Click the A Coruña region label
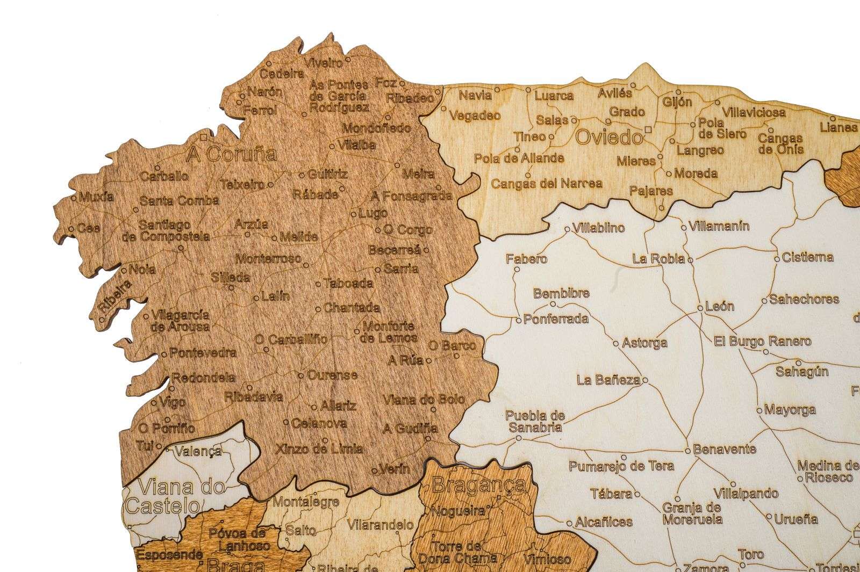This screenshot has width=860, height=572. (x=231, y=155)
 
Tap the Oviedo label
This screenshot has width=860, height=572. (x=608, y=138)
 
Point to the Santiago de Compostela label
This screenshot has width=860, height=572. (x=173, y=230)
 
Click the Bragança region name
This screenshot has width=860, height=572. (x=478, y=485)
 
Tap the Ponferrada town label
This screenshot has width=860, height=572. (x=556, y=318)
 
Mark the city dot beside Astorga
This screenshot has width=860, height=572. (x=616, y=342)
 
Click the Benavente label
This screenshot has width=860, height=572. (x=724, y=449)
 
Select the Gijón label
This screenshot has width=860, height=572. (x=677, y=102)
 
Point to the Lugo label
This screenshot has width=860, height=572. (x=373, y=213)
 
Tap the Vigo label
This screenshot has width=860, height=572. (x=173, y=402)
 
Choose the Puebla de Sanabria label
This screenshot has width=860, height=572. (x=535, y=422)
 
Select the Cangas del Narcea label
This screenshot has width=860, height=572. (x=547, y=184)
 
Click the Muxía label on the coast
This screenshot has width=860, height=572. (x=96, y=197)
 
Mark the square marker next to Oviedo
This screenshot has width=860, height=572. (x=649, y=129)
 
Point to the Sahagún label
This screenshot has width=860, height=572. (x=801, y=371)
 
